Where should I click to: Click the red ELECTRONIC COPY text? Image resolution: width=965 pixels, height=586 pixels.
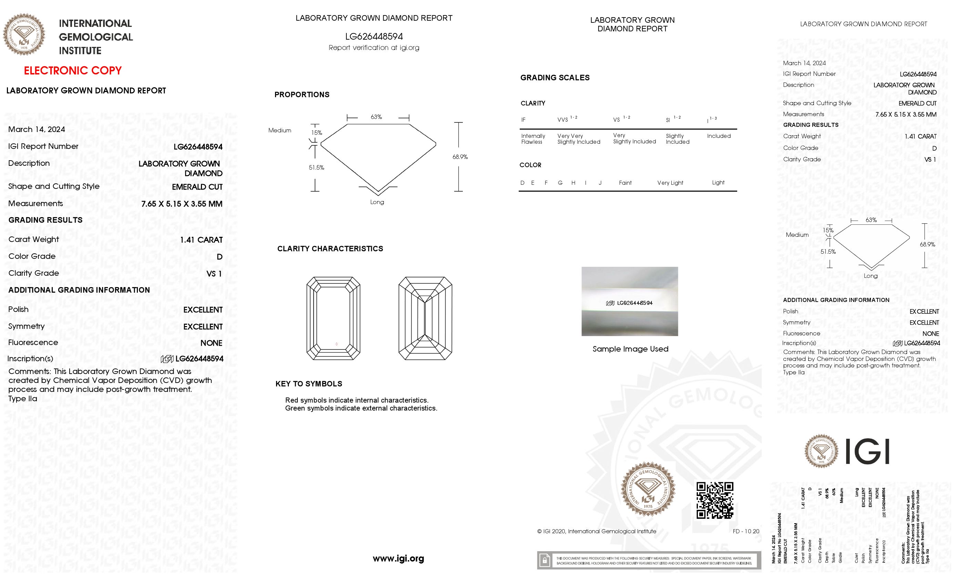tap(73, 71)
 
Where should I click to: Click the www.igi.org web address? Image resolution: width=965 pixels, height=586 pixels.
tap(398, 558)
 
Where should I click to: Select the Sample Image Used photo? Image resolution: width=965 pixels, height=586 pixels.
tap(629, 301)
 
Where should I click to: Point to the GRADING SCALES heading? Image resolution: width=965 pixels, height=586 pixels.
tap(555, 78)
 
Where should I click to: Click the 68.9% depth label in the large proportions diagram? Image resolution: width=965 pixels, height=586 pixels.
tap(460, 157)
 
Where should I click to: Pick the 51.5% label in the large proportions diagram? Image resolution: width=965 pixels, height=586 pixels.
tap(316, 167)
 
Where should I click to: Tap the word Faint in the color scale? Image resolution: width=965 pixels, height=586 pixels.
tap(625, 183)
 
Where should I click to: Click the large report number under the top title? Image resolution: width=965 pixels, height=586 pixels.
tap(374, 37)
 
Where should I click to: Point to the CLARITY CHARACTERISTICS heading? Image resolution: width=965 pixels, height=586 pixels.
tap(330, 249)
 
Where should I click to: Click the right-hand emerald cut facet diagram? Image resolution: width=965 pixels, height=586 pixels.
tap(425, 318)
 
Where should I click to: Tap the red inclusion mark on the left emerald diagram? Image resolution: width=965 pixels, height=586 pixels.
tap(336, 344)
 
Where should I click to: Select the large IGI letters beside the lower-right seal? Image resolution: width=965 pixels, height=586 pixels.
tap(867, 451)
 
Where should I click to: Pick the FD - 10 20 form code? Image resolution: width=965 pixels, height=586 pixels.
tap(746, 531)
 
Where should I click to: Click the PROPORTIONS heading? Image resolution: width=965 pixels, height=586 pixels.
tap(302, 94)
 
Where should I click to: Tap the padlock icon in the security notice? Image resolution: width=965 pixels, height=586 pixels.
tap(545, 560)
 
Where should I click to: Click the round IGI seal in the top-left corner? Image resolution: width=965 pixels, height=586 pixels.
tap(24, 34)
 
